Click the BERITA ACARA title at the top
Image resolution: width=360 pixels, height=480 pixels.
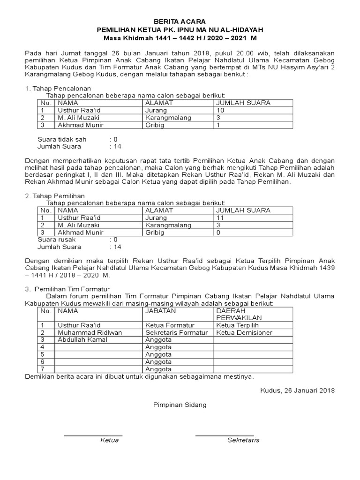click(180, 22)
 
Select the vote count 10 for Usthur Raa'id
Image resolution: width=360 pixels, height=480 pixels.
click(220, 110)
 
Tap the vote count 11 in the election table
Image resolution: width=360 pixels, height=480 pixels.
click(220, 218)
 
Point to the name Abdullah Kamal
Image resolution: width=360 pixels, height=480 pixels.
click(82, 340)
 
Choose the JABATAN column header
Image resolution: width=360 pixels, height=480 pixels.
click(161, 311)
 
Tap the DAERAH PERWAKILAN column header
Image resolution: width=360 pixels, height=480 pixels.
click(239, 314)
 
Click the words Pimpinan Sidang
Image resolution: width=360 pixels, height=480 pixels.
click(180, 405)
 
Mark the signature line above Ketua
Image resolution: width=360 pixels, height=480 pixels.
click(93, 435)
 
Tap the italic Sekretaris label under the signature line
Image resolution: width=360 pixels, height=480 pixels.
click(243, 440)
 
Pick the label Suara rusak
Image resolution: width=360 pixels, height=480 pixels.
click(57, 240)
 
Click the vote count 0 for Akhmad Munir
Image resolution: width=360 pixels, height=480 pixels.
click(218, 232)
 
